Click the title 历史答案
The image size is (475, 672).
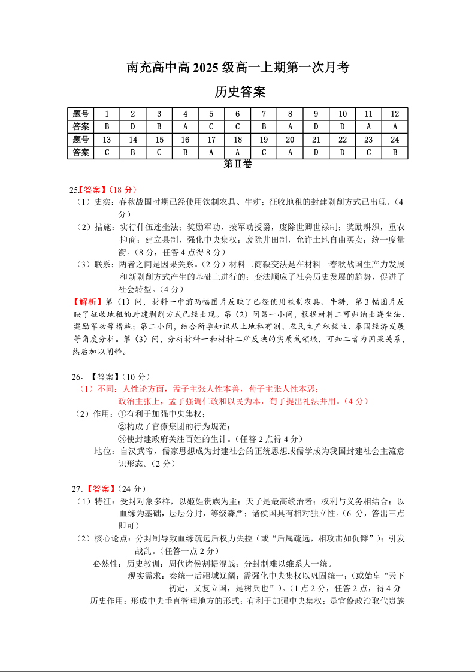(240, 92)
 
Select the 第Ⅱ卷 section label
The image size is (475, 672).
(238, 164)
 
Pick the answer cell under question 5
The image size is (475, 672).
(211, 126)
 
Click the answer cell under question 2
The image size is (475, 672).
(133, 126)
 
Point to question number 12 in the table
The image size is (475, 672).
(395, 114)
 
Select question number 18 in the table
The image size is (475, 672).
(238, 140)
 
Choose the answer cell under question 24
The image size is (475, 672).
(395, 152)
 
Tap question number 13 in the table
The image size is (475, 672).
(107, 140)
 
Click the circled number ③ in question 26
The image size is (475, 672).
(122, 438)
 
